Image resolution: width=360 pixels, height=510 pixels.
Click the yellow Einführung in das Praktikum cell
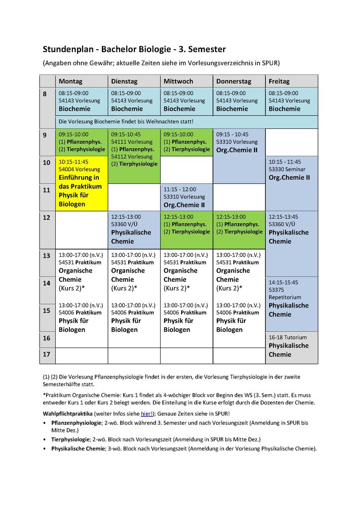[81, 183]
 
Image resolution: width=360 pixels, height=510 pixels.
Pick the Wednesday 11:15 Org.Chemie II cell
[186, 197]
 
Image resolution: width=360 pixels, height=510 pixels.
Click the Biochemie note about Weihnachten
[127, 122]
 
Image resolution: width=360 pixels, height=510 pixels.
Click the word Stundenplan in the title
[68, 49]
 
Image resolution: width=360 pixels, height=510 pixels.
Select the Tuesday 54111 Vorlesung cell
[134, 150]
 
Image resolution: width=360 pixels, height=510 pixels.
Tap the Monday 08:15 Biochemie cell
[81, 101]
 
